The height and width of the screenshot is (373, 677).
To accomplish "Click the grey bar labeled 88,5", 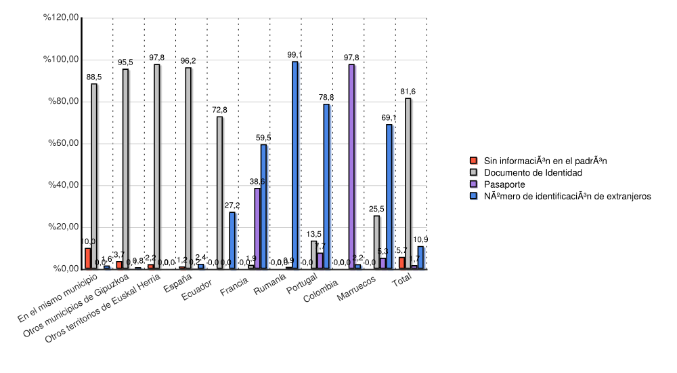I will click(94, 176).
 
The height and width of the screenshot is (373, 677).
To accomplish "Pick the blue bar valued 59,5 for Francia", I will click(263, 206).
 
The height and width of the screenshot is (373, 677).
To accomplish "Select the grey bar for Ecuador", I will click(219, 193).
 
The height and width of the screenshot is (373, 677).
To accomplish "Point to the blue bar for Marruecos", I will click(389, 196).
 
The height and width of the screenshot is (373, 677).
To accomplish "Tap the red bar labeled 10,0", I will click(88, 258).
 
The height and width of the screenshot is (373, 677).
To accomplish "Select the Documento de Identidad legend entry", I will click(533, 172).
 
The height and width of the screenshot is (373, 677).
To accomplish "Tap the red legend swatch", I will click(474, 161).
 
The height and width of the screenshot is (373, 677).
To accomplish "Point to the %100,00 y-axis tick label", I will click(61, 60).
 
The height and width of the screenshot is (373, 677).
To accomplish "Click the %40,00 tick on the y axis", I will click(61, 185).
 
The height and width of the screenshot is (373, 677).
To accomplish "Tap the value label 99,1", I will click(294, 54).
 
